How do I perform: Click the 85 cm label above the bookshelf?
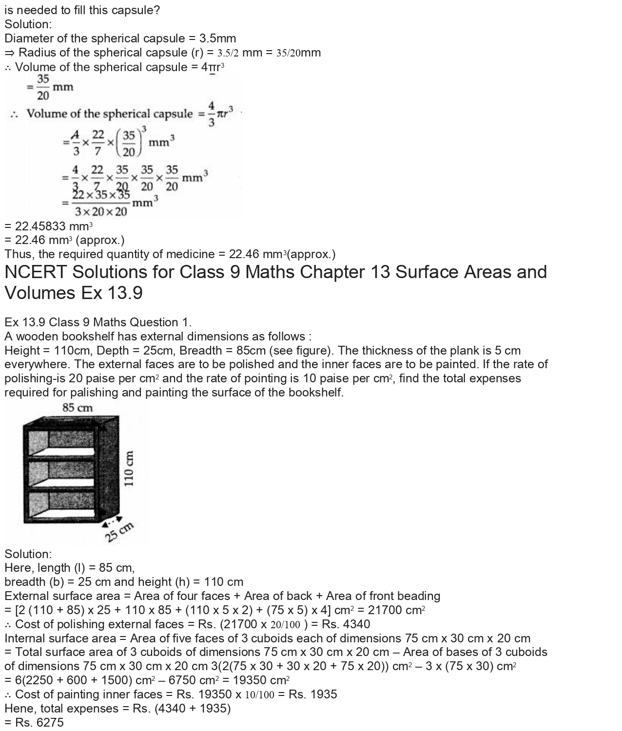[77, 408]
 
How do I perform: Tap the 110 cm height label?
[129, 468]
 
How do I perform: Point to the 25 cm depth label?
[119, 532]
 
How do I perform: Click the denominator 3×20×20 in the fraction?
[101, 212]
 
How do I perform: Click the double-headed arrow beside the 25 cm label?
[112, 521]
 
